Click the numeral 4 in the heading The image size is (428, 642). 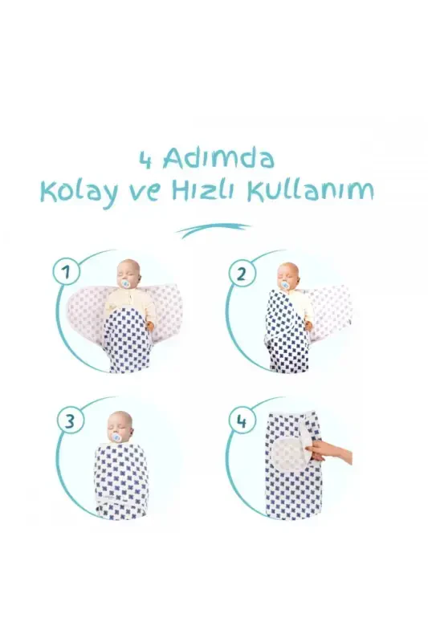pyautogui.click(x=145, y=159)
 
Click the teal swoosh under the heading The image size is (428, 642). pyautogui.click(x=214, y=231)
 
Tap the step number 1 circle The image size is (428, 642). pyautogui.click(x=66, y=271)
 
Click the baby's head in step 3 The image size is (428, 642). pyautogui.click(x=120, y=425)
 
